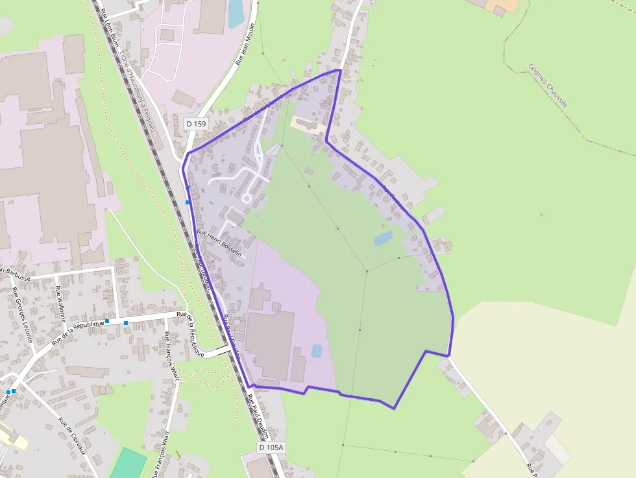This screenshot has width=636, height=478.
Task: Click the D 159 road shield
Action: click(x=196, y=123)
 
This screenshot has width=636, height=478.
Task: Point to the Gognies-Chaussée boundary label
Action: click(x=548, y=85)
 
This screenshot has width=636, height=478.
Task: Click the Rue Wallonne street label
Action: click(x=60, y=304)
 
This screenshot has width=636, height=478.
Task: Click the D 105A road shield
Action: click(x=271, y=448)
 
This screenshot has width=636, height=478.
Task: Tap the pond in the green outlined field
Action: click(x=383, y=238)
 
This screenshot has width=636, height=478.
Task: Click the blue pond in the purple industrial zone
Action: click(x=316, y=351)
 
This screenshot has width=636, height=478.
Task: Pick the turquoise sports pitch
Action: click(x=128, y=464)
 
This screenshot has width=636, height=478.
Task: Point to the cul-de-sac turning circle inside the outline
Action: click(x=247, y=198)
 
